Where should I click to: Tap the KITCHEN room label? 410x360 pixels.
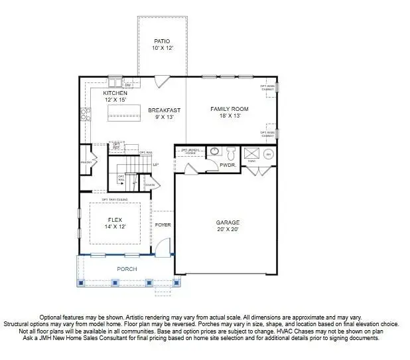pyautogui.click(x=115, y=94)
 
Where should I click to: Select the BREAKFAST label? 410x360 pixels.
pyautogui.click(x=164, y=110)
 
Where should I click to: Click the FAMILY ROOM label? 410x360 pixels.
pyautogui.click(x=230, y=108)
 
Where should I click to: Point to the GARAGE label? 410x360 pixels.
pyautogui.click(x=228, y=223)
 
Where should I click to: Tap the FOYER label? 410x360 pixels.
pyautogui.click(x=163, y=225)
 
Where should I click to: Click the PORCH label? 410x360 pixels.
pyautogui.click(x=127, y=269)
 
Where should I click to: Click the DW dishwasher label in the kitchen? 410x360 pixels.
pyautogui.click(x=128, y=85)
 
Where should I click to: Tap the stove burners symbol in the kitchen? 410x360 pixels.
pyautogui.click(x=85, y=114)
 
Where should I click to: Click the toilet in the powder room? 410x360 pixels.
pyautogui.click(x=230, y=153)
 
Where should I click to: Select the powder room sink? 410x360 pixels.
pyautogui.click(x=214, y=151)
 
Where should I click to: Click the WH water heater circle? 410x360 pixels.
pyautogui.click(x=269, y=154)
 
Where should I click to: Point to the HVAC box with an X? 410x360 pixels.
pyautogui.click(x=251, y=154)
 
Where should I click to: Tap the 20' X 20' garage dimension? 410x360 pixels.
pyautogui.click(x=228, y=230)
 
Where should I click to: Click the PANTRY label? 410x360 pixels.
pyautogui.click(x=86, y=161)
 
